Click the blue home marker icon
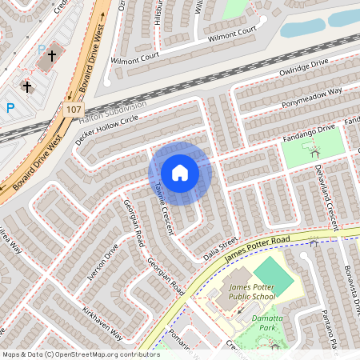click(180, 173)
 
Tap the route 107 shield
click(74, 109)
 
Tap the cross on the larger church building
click(53, 55)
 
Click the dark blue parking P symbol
click(10, 107)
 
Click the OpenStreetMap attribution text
click(80, 354)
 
